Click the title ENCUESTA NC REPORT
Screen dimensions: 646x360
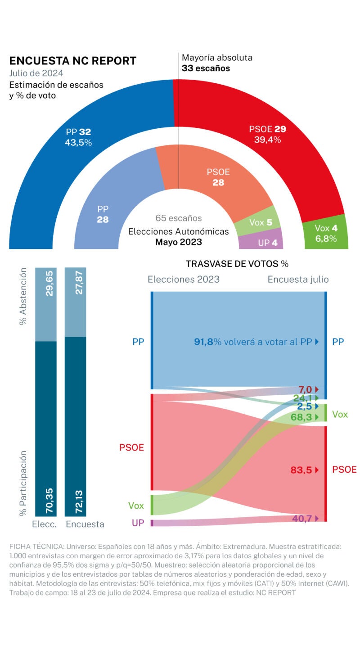tap(73, 61)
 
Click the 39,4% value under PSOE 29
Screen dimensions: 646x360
tap(267, 140)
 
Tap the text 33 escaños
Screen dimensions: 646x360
tap(206, 68)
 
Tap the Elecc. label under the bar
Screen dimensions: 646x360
tap(44, 524)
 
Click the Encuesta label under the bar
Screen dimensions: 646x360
tap(85, 524)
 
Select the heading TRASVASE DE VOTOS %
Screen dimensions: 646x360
tap(237, 263)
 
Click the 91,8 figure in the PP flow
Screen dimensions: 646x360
tap(203, 342)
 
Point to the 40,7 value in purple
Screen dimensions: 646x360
tap(302, 518)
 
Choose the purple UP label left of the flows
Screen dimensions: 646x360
tap(138, 523)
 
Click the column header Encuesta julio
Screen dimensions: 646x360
tap(298, 279)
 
